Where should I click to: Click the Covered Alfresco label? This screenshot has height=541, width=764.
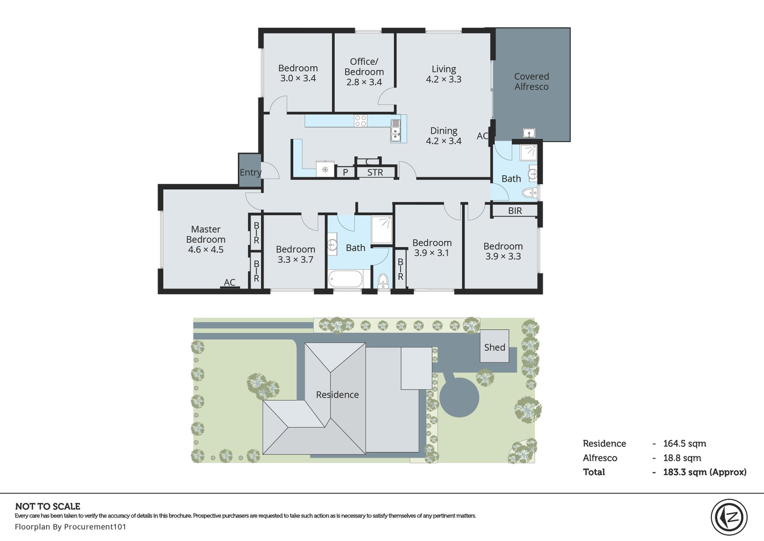[531, 82]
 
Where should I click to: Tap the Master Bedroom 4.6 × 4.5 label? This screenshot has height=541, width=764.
[206, 239]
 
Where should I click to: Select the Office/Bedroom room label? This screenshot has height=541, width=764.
[364, 72]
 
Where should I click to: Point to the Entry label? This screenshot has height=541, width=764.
[250, 172]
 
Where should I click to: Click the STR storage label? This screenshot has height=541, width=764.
[375, 172]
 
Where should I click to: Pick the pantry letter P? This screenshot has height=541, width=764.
[345, 172]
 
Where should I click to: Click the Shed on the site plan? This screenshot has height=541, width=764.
[495, 346]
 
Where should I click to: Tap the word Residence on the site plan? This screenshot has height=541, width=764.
[337, 395]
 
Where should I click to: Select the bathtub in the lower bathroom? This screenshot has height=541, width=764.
[346, 279]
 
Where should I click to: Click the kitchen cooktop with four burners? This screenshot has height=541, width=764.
[361, 121]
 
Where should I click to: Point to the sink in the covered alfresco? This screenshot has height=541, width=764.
[529, 133]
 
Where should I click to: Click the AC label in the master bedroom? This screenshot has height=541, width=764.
[230, 282]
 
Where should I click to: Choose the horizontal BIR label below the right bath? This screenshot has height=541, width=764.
[515, 211]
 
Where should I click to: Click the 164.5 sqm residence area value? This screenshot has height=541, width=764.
[685, 444]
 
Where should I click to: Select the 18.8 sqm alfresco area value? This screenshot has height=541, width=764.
[682, 458]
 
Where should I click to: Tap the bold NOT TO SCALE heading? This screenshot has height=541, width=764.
[48, 506]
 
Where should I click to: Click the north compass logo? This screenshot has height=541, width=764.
[729, 517]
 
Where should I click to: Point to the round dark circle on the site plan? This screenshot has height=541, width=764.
[459, 397]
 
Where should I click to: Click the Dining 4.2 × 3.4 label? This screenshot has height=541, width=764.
[444, 136]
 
